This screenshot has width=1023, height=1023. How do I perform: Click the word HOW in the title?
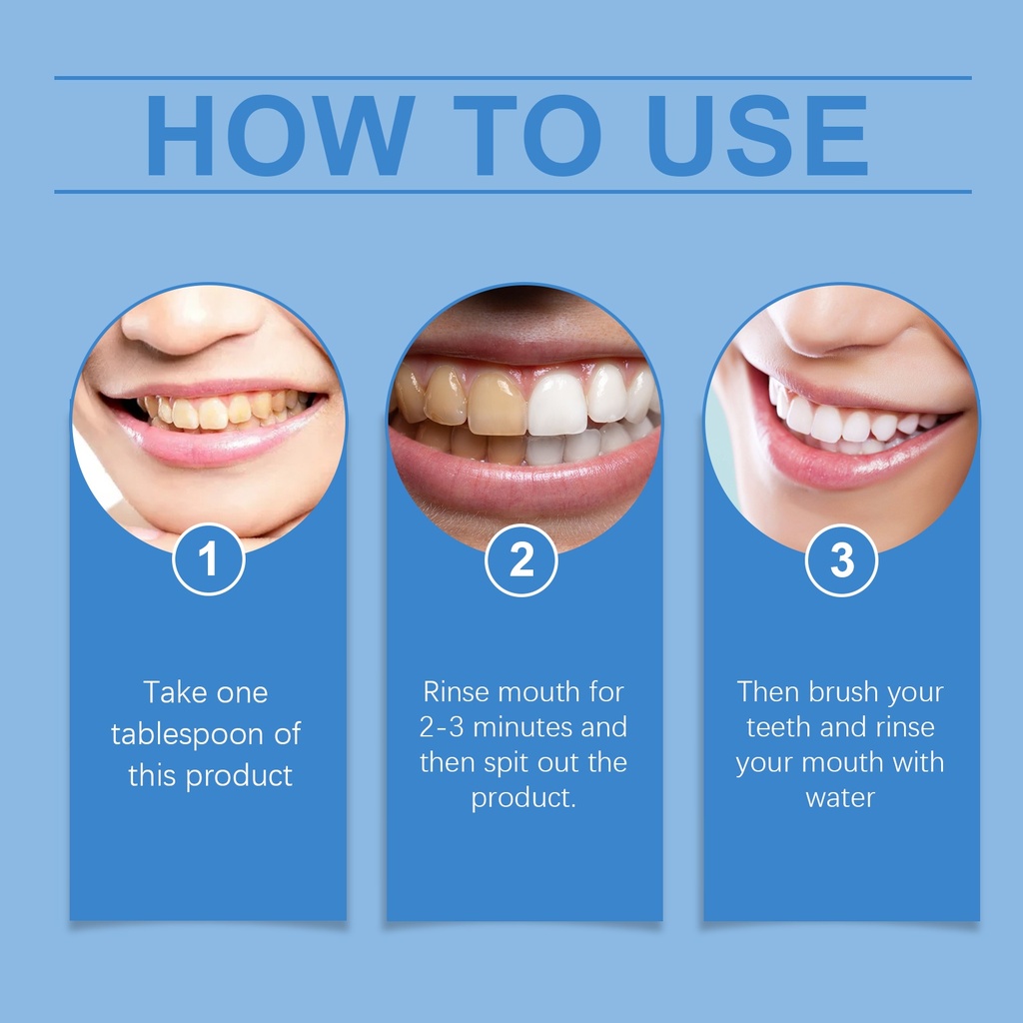(281, 136)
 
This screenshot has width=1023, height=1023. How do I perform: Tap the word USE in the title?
(757, 136)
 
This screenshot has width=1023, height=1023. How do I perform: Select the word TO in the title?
(527, 136)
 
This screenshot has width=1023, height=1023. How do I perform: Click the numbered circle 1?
(209, 559)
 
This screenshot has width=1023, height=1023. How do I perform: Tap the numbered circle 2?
(521, 560)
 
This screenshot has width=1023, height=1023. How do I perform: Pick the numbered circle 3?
(841, 560)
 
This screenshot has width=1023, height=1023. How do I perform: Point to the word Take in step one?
(171, 692)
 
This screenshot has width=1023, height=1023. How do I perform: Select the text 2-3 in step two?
(441, 727)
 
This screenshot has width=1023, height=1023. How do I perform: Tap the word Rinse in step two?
(457, 692)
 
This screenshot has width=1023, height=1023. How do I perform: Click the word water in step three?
(840, 798)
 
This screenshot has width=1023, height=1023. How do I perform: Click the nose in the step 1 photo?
(193, 320)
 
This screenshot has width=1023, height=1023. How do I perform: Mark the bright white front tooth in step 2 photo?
(556, 404)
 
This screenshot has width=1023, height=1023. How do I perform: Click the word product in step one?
(239, 776)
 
